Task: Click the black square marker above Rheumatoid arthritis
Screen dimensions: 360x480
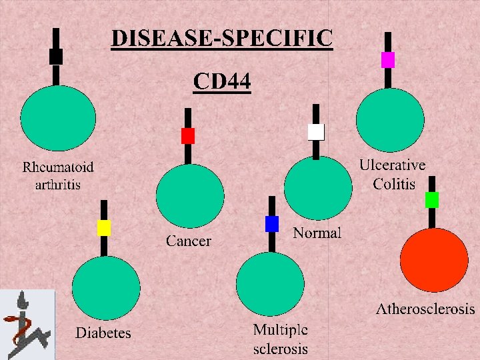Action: tap(56, 57)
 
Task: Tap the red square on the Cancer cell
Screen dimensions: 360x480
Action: tap(188, 136)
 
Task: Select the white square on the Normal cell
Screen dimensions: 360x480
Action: tap(316, 132)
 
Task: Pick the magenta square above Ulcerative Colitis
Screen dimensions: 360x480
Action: tap(388, 60)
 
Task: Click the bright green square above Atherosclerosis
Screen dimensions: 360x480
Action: tap(432, 199)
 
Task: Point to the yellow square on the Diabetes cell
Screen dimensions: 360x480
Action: tap(104, 228)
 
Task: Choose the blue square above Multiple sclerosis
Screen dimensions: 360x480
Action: tap(272, 224)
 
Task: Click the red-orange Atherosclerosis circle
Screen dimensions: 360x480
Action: tap(434, 259)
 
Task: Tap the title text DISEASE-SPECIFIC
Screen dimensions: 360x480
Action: tap(221, 39)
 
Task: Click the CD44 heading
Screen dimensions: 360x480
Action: tap(222, 81)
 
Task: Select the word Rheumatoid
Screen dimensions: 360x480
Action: tap(58, 167)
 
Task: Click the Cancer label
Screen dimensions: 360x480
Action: tap(189, 241)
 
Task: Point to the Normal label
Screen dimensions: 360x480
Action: tap(317, 233)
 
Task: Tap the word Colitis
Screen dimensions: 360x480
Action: tap(394, 184)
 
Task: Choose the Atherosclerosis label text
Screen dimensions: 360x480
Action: tap(425, 309)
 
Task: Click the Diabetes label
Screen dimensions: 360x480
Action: tap(103, 332)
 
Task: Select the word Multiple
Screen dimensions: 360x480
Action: tap(281, 329)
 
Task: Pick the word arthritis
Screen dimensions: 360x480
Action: tap(58, 184)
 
